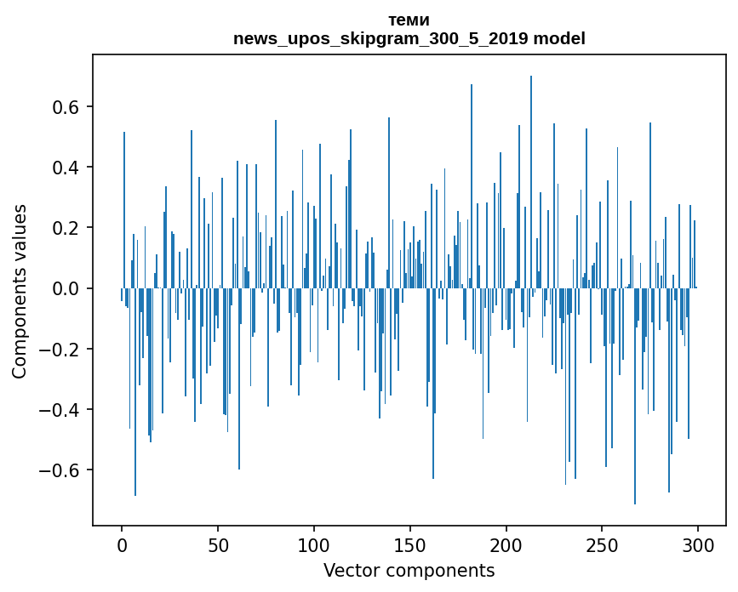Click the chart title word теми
[409, 20]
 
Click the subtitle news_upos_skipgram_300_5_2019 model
[409, 38]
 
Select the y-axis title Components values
[20, 291]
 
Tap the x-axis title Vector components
[409, 570]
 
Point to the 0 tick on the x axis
[122, 544]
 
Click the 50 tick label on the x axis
[218, 544]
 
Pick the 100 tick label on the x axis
[314, 544]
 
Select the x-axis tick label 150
[410, 544]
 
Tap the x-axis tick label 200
[506, 544]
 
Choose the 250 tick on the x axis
[603, 544]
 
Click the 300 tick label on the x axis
[698, 544]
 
